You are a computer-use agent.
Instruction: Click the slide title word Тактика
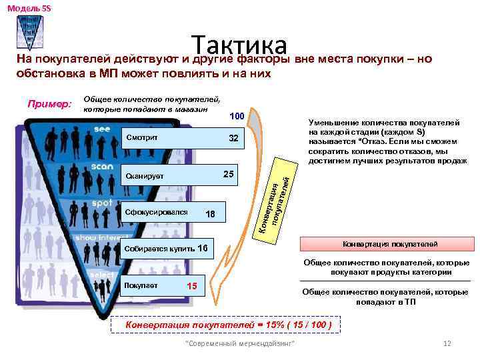coord(240,45)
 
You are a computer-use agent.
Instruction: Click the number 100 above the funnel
coord(237,117)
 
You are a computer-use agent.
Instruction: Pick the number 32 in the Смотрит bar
coord(233,139)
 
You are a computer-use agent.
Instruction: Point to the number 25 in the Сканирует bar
coord(228,175)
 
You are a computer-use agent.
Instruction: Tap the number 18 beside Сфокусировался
coord(211,214)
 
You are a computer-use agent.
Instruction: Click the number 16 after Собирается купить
coord(203,248)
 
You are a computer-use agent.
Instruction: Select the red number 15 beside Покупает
coord(193,286)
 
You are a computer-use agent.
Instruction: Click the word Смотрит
coord(141,139)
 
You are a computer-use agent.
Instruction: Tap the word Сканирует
coord(144,176)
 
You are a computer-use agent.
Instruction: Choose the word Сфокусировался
coord(155,213)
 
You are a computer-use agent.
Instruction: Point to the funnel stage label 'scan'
coord(103,165)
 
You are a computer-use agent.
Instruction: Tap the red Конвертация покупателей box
coord(386,243)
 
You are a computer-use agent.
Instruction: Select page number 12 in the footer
coord(447,343)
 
